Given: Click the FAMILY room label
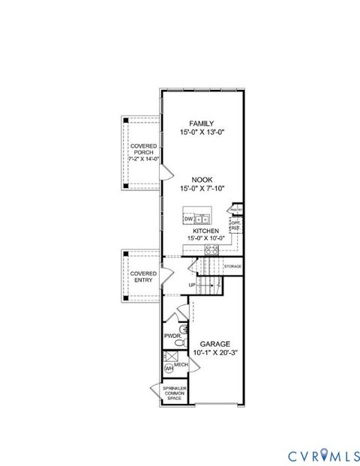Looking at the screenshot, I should pos(201,124).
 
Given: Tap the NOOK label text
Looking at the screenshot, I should pos(201,180).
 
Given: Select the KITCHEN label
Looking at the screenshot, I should pos(205,232).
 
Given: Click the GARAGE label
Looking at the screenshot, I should pos(214,344).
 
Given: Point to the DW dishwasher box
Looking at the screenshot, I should pos(188,219).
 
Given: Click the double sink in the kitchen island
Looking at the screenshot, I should pos(202,219).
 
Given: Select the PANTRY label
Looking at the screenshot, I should pos(235,211).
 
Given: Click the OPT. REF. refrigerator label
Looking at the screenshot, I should pos(235,224).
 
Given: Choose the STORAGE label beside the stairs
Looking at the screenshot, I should pos(232,267).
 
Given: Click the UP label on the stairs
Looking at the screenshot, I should pos(192,285).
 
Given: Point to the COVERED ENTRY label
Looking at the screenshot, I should pos(143,277).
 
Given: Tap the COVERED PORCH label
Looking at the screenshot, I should pos(142,154).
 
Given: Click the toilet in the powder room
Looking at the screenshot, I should pos(180,342).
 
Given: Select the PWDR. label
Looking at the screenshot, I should pos(172,336).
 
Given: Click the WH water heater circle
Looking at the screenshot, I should pos(169,369).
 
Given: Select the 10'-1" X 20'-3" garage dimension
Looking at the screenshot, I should pos(214,352).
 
